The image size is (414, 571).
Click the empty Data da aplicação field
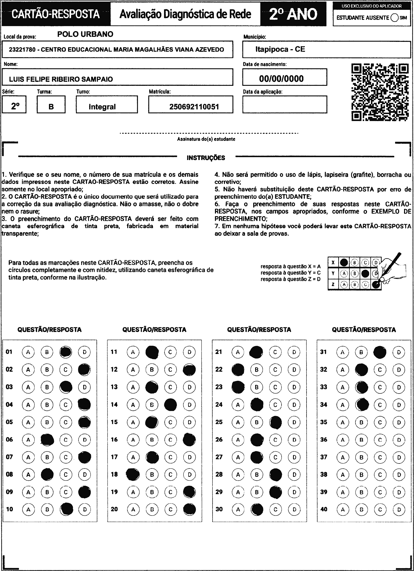(285, 104)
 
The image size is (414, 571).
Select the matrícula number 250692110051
(194, 107)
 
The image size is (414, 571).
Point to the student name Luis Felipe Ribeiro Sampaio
(61, 79)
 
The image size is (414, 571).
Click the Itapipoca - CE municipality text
(280, 49)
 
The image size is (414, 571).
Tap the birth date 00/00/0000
(281, 78)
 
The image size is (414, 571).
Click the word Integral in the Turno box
(102, 107)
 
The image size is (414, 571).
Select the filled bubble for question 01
(66, 352)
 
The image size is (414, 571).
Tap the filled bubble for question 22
(238, 370)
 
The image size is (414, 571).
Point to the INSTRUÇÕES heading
(206, 158)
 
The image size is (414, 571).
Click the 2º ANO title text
(293, 14)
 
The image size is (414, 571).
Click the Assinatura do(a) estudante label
(206, 139)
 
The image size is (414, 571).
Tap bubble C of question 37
(380, 457)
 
